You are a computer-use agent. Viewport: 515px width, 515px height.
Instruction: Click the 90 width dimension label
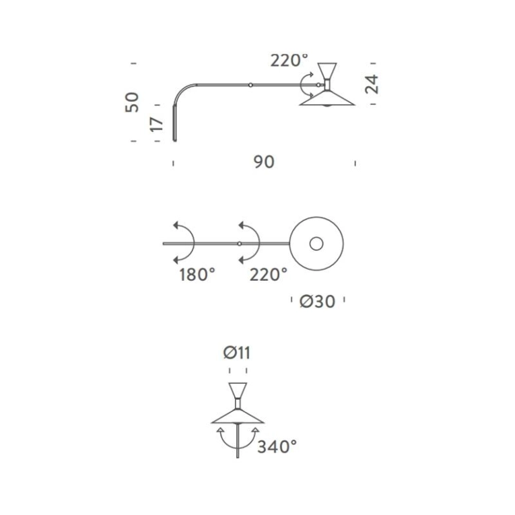[264, 162]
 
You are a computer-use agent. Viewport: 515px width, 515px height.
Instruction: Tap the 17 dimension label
[156, 123]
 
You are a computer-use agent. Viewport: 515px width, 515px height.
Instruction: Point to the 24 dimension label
[372, 84]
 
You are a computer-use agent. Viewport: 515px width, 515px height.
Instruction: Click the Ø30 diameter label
[317, 302]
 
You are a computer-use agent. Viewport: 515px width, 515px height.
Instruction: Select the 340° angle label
[277, 446]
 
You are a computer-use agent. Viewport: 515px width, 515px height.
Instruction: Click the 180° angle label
[197, 274]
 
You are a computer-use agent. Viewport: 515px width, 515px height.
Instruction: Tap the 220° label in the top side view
[289, 60]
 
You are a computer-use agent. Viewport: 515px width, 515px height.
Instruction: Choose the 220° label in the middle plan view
[268, 274]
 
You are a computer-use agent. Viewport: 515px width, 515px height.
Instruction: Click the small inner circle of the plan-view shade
[316, 243]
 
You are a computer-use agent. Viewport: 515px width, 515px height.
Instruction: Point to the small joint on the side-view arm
[250, 85]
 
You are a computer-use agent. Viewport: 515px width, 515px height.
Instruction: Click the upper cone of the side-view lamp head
[328, 71]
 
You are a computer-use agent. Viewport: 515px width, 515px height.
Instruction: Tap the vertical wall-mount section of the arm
[174, 125]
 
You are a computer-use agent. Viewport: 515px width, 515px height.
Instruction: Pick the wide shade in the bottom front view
[238, 416]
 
